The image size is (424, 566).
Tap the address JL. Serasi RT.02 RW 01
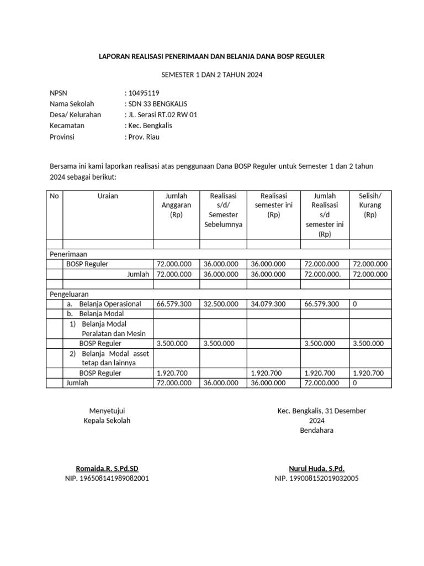[x=162, y=114]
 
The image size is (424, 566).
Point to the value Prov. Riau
[x=144, y=137]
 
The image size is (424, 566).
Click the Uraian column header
[x=108, y=196]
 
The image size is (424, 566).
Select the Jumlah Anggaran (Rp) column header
[x=176, y=205]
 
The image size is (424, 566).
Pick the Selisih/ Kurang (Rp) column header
[x=370, y=205]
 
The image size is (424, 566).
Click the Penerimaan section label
[x=68, y=254]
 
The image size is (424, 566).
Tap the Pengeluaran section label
[x=69, y=294]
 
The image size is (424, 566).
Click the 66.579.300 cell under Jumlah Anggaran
[x=174, y=304]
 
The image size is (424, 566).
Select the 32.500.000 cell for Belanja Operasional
[x=221, y=304]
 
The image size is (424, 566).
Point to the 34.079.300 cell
[x=268, y=304]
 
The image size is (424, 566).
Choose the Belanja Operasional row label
[x=110, y=304]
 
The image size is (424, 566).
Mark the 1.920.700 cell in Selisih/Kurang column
[x=367, y=373]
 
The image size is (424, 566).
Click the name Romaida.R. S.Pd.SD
[x=107, y=468]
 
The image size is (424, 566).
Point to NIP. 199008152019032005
[x=316, y=478]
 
